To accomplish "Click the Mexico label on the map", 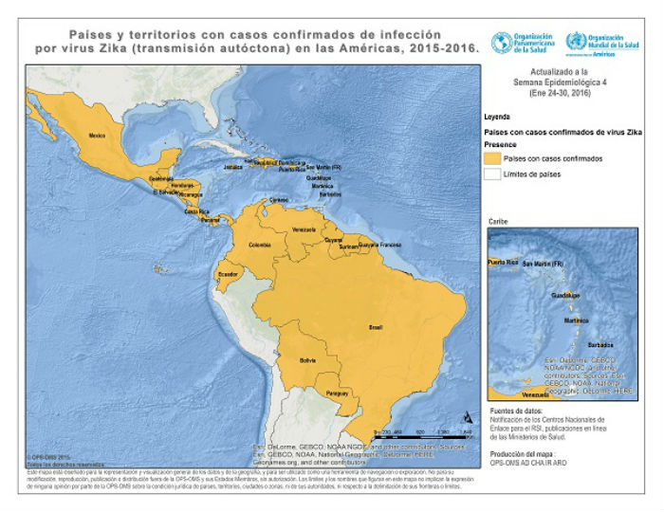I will tap(96, 137).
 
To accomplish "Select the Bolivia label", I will tap(306, 360).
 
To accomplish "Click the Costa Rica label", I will tap(196, 212).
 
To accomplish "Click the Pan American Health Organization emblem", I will tap(498, 41).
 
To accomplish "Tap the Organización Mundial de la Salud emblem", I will tap(573, 42).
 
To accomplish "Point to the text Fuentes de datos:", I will tap(512, 409).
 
